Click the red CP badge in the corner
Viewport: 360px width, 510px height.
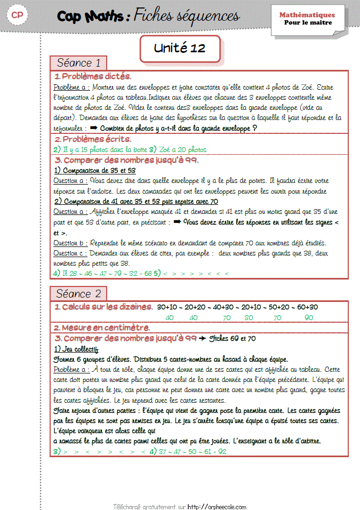(17, 15)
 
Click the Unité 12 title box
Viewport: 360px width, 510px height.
(180, 49)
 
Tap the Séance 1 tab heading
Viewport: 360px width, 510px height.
(78, 63)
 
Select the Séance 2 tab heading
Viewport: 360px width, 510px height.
(78, 293)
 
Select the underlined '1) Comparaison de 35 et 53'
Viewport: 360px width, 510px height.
(95, 170)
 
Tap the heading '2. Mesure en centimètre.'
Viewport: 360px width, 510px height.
(102, 328)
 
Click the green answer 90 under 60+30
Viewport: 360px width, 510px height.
(309, 317)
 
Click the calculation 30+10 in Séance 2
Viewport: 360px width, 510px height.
(167, 307)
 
